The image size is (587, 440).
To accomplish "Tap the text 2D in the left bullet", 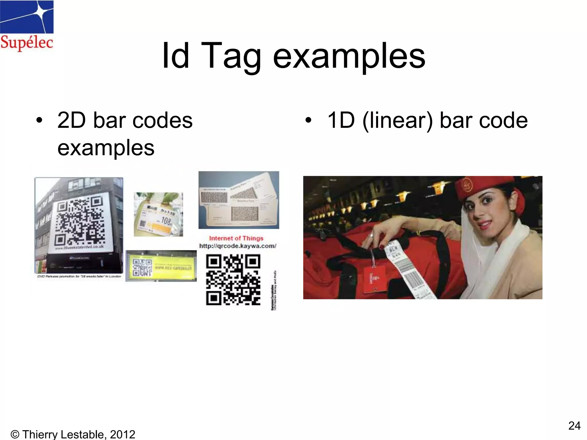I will point(71,120).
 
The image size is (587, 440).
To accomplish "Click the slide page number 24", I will point(574,426).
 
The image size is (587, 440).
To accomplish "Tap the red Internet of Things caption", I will point(236,238).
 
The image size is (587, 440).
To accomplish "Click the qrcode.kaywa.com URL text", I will point(238,246).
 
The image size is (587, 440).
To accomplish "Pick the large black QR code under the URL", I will point(233,280).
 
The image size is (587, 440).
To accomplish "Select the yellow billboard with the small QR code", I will point(161,266).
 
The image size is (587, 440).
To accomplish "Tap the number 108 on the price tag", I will point(166,221).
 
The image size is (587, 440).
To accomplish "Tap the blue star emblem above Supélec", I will point(27,17).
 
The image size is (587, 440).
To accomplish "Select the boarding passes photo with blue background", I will point(239,200).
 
